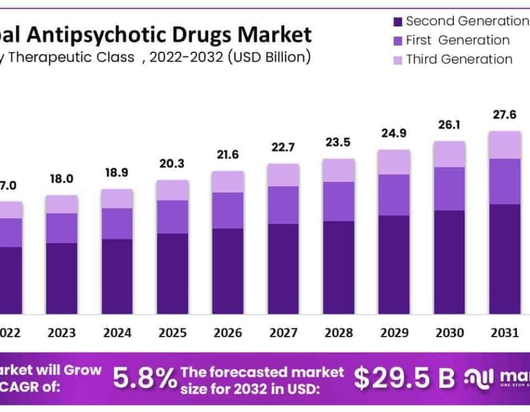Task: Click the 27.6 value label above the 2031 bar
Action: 505,115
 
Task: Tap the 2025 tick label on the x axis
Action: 173,333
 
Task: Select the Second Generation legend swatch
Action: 397,22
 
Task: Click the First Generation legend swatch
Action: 397,41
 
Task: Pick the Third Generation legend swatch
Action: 397,59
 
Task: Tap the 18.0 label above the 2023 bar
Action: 62,179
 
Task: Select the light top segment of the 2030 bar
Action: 449,154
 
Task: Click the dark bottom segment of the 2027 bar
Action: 283,268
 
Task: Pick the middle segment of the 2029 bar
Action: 394,195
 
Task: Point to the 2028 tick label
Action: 339,333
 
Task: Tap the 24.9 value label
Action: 394,133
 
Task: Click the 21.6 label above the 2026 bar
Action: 228,154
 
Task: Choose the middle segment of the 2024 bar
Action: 117,224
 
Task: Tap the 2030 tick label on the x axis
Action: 449,333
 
